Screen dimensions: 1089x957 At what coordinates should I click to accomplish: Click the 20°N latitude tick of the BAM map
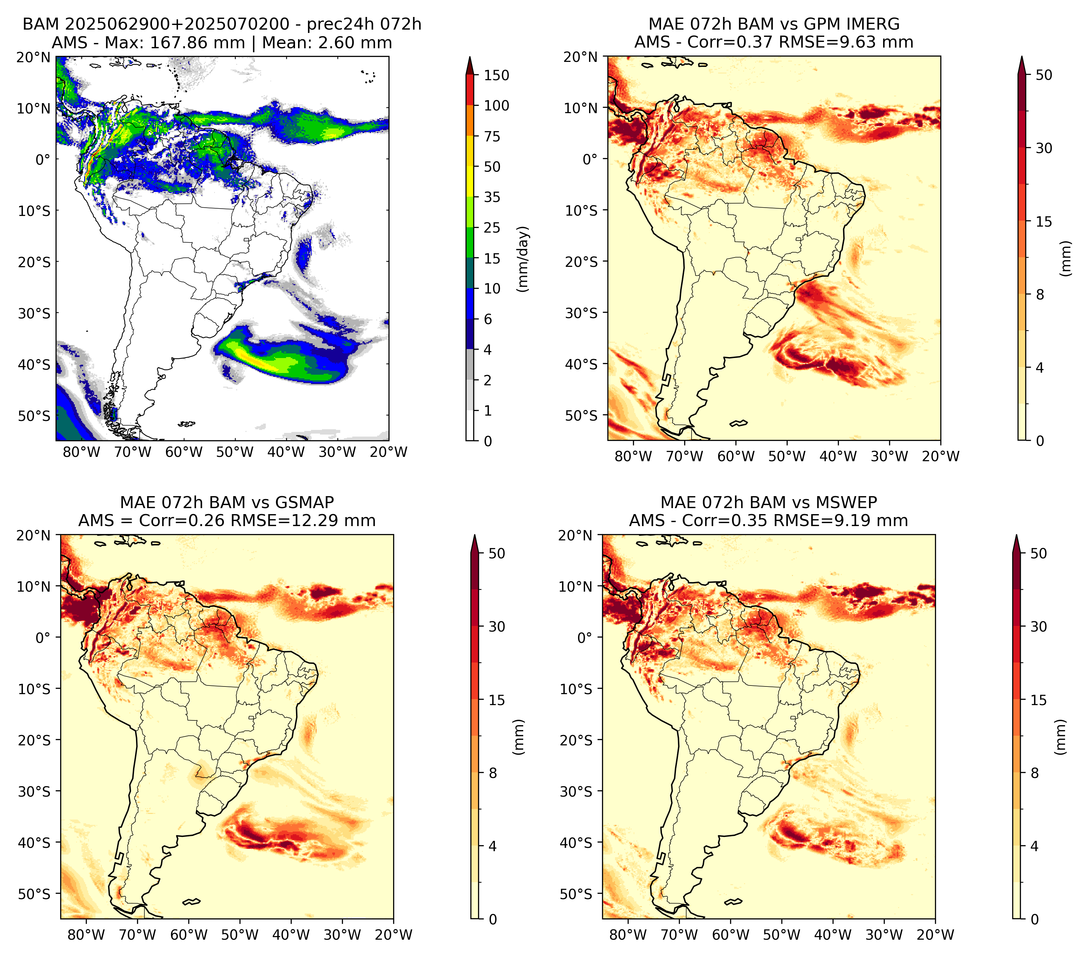pos(33,57)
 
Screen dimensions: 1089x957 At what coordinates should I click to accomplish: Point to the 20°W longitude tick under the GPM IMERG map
pos(940,457)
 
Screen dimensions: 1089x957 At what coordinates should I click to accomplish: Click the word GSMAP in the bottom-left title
pos(305,502)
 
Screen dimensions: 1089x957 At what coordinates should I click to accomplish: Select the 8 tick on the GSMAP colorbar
pos(492,773)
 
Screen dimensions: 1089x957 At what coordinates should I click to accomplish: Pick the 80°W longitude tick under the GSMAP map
pos(86,935)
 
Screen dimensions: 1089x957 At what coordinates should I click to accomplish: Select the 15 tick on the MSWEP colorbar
pos(1038,700)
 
